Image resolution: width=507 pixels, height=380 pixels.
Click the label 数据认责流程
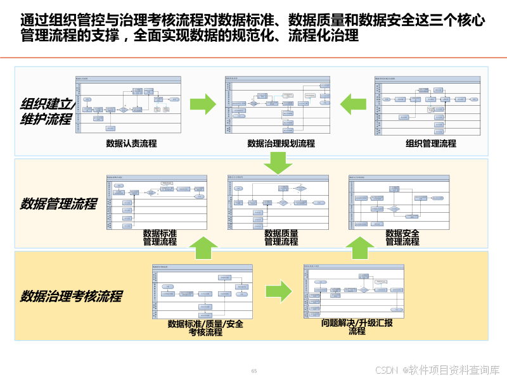131,144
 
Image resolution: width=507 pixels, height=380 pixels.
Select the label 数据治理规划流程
281,144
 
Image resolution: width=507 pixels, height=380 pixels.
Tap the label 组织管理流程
431,144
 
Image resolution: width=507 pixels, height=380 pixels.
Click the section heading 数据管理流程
58,204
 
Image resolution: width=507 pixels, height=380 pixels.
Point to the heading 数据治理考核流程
71,296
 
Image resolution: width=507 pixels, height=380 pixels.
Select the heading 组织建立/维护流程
47,111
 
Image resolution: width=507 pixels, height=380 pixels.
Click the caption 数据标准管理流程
160,237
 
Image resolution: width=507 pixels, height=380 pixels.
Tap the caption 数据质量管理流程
281,237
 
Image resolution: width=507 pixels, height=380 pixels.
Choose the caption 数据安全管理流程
402,237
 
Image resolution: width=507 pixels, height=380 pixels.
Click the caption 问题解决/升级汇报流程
357,327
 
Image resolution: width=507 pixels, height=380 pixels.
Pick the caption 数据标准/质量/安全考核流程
205,327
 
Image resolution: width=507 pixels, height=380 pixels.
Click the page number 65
254,371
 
